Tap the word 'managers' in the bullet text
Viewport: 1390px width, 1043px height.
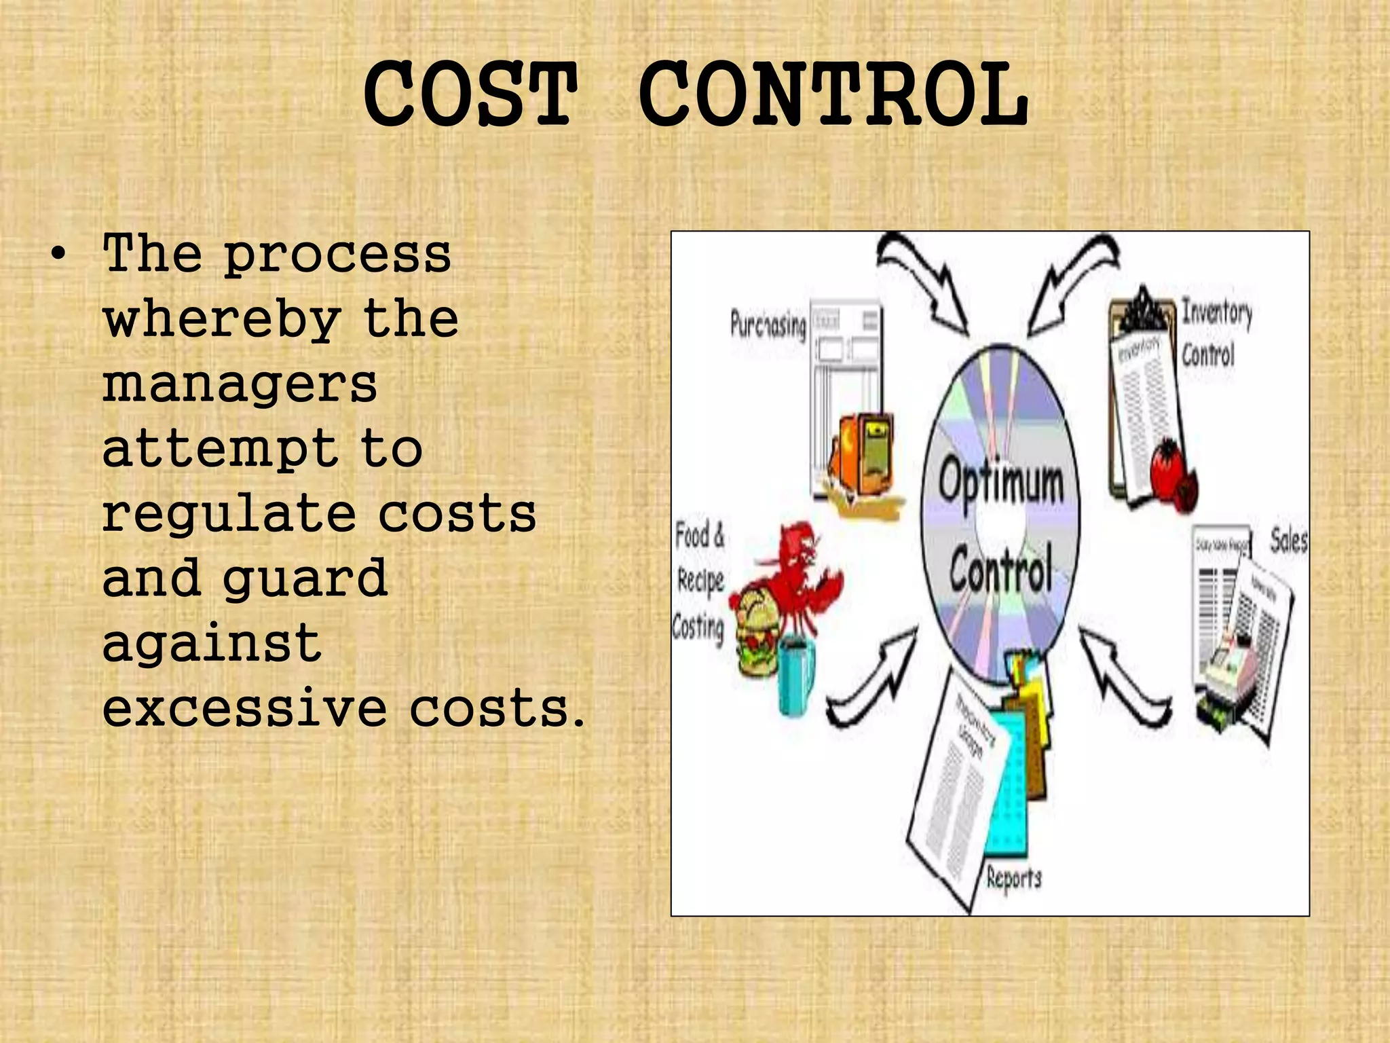[240, 384]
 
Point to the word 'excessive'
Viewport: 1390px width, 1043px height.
[245, 708]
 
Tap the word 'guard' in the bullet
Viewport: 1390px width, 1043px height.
[305, 579]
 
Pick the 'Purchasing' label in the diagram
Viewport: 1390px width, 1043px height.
[768, 325]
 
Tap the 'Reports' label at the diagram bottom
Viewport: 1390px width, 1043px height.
[1013, 877]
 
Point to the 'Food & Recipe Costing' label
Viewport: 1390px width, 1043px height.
[699, 581]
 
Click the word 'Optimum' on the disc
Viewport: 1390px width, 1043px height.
[1001, 481]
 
